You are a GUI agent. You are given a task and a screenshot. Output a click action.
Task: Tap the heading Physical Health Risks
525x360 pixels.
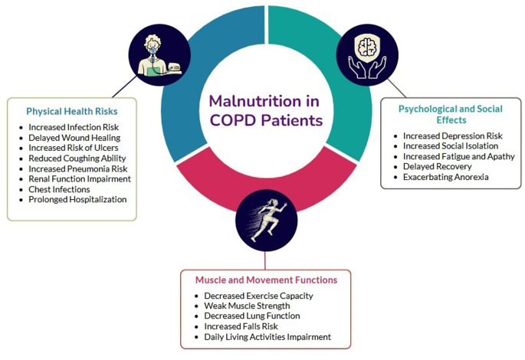[x=71, y=110]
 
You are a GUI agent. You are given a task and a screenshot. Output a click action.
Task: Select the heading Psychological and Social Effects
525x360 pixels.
[x=451, y=114]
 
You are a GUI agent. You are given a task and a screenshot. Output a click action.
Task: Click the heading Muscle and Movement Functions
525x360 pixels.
[x=265, y=280]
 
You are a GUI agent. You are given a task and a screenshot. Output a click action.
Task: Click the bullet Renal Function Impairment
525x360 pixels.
[x=80, y=178]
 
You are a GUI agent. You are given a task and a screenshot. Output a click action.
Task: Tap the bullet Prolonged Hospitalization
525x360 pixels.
[x=77, y=199]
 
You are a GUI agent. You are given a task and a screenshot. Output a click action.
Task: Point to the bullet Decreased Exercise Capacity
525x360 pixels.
[x=259, y=295]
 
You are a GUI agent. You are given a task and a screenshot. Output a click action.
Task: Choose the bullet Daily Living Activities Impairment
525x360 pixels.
[x=267, y=337]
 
